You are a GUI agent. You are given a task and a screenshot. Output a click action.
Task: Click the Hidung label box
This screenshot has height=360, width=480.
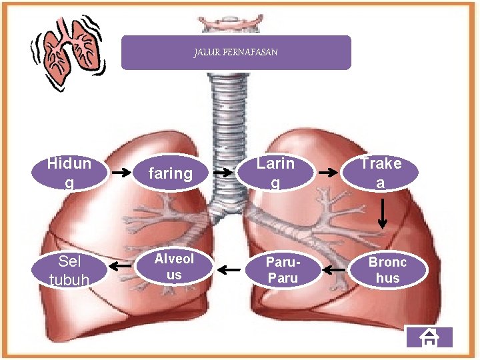coord(69,173)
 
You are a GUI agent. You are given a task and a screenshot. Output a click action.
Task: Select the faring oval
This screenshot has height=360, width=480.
coord(170,174)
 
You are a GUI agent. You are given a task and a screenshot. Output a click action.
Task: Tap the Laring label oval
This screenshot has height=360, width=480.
coord(275,173)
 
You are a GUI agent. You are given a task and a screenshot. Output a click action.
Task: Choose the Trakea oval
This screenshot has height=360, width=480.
coord(381,173)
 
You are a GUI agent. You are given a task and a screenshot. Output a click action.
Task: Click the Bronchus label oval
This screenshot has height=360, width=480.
coord(387,270)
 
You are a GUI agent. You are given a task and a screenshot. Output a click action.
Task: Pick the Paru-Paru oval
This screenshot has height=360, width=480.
coord(283,270)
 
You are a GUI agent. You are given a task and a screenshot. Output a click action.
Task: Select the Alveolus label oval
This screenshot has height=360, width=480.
coord(174,267)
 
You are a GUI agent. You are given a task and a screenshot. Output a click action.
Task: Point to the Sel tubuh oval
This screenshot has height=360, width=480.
coord(69,270)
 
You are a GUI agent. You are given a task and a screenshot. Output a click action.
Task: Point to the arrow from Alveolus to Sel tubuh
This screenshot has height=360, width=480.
coord(121,267)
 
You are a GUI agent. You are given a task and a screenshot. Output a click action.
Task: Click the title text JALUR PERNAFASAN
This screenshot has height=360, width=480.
coord(235,52)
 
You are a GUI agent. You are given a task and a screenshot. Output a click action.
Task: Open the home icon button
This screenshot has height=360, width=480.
coord(430,338)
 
